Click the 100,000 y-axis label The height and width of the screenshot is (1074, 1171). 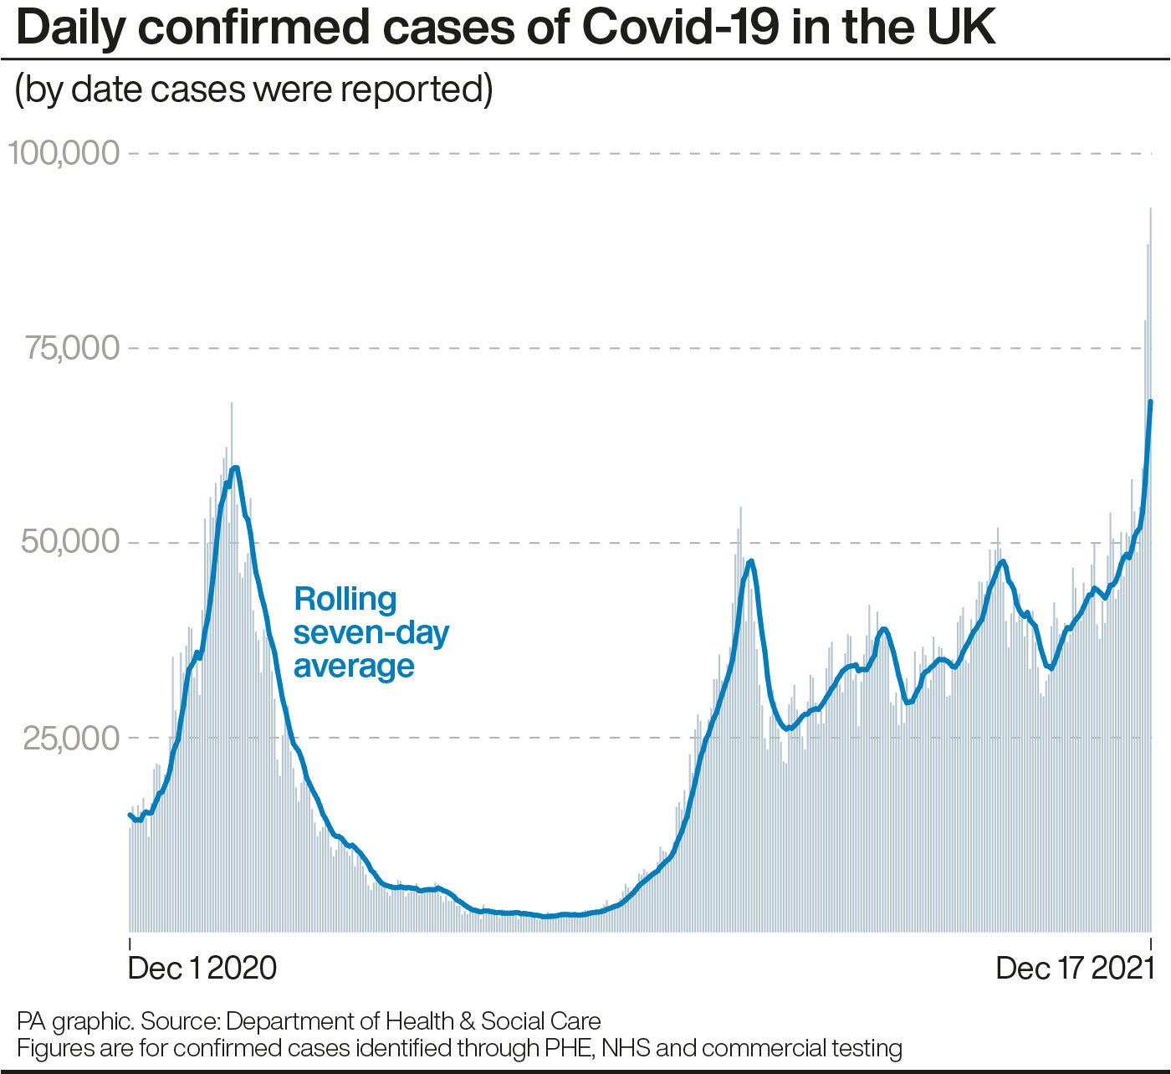coord(64,153)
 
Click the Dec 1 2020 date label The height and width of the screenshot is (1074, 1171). coord(202,968)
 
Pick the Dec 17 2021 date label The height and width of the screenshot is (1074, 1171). coord(1075,968)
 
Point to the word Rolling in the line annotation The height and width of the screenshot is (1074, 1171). coord(345,599)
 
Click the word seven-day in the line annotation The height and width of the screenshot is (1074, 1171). coord(371,633)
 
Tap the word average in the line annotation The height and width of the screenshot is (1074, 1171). coord(354,667)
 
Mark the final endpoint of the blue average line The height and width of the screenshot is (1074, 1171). coord(1151,402)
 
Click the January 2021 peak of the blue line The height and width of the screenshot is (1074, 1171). coord(235,468)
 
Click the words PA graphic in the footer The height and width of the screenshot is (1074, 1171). coord(74,1021)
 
